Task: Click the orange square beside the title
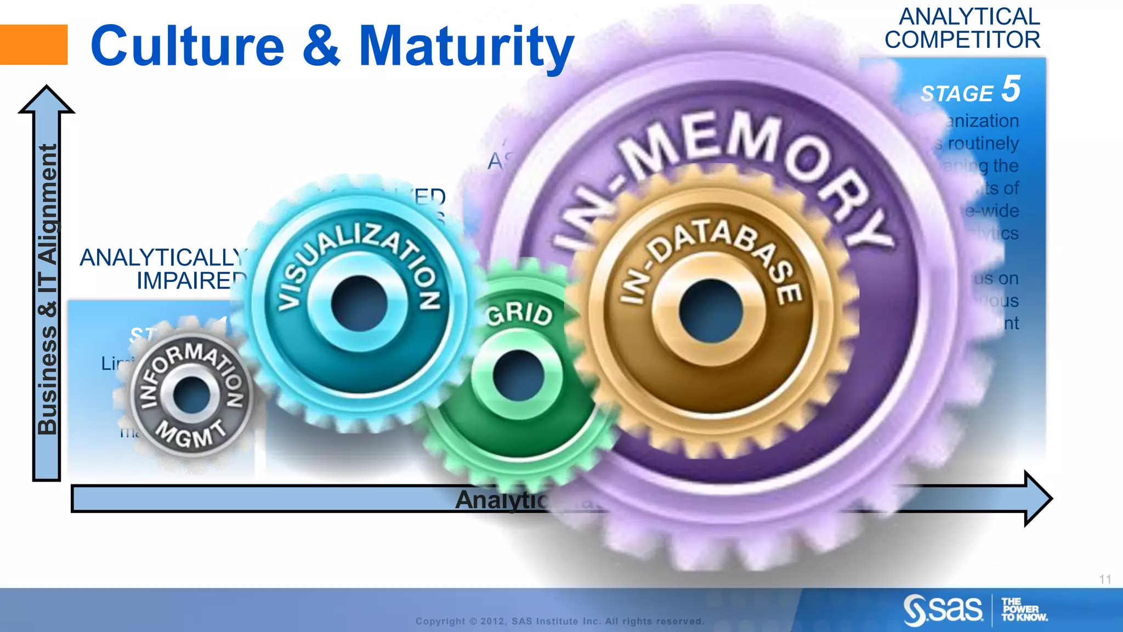pos(33,44)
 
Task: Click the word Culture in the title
pos(187,46)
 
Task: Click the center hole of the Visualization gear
pos(359,303)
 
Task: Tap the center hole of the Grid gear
pos(518,376)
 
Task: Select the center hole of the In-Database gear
pos(710,310)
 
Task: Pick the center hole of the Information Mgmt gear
pos(191,394)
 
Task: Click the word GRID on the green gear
pos(519,313)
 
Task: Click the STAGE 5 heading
pos(970,91)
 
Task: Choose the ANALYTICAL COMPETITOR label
pos(962,29)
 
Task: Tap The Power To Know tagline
pos(1023,610)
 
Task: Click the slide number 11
pos(1105,579)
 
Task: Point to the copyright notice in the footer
pos(559,621)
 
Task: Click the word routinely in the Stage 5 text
pos(983,143)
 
